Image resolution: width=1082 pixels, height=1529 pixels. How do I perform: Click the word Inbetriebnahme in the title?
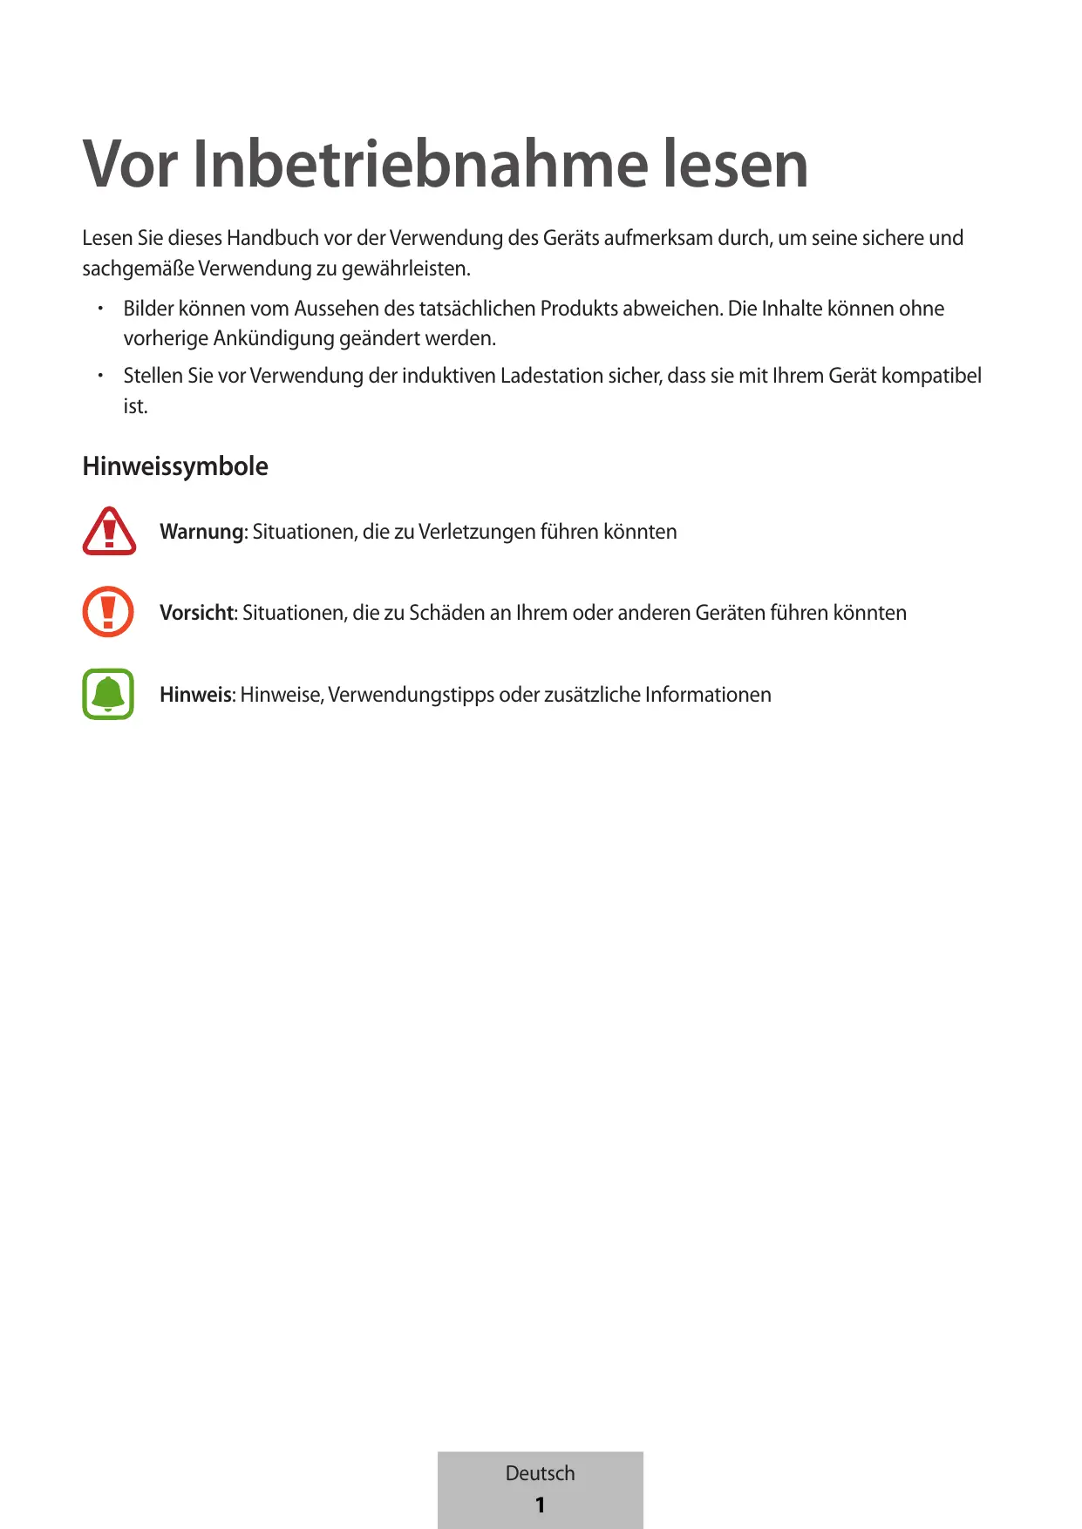coord(419,164)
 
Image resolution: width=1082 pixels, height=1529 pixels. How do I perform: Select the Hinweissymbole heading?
coord(175,466)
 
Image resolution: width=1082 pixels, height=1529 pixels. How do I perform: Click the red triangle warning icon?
coord(109,531)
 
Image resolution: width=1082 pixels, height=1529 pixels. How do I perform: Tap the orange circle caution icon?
coord(108,612)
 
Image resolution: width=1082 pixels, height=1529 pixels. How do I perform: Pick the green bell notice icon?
coord(108,694)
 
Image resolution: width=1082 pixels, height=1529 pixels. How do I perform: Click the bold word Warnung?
coord(201,532)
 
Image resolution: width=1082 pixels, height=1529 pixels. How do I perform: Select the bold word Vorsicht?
coord(197,613)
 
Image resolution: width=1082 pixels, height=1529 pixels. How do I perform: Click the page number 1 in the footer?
coord(540,1505)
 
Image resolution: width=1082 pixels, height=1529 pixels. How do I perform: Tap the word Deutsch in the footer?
coord(540,1473)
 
